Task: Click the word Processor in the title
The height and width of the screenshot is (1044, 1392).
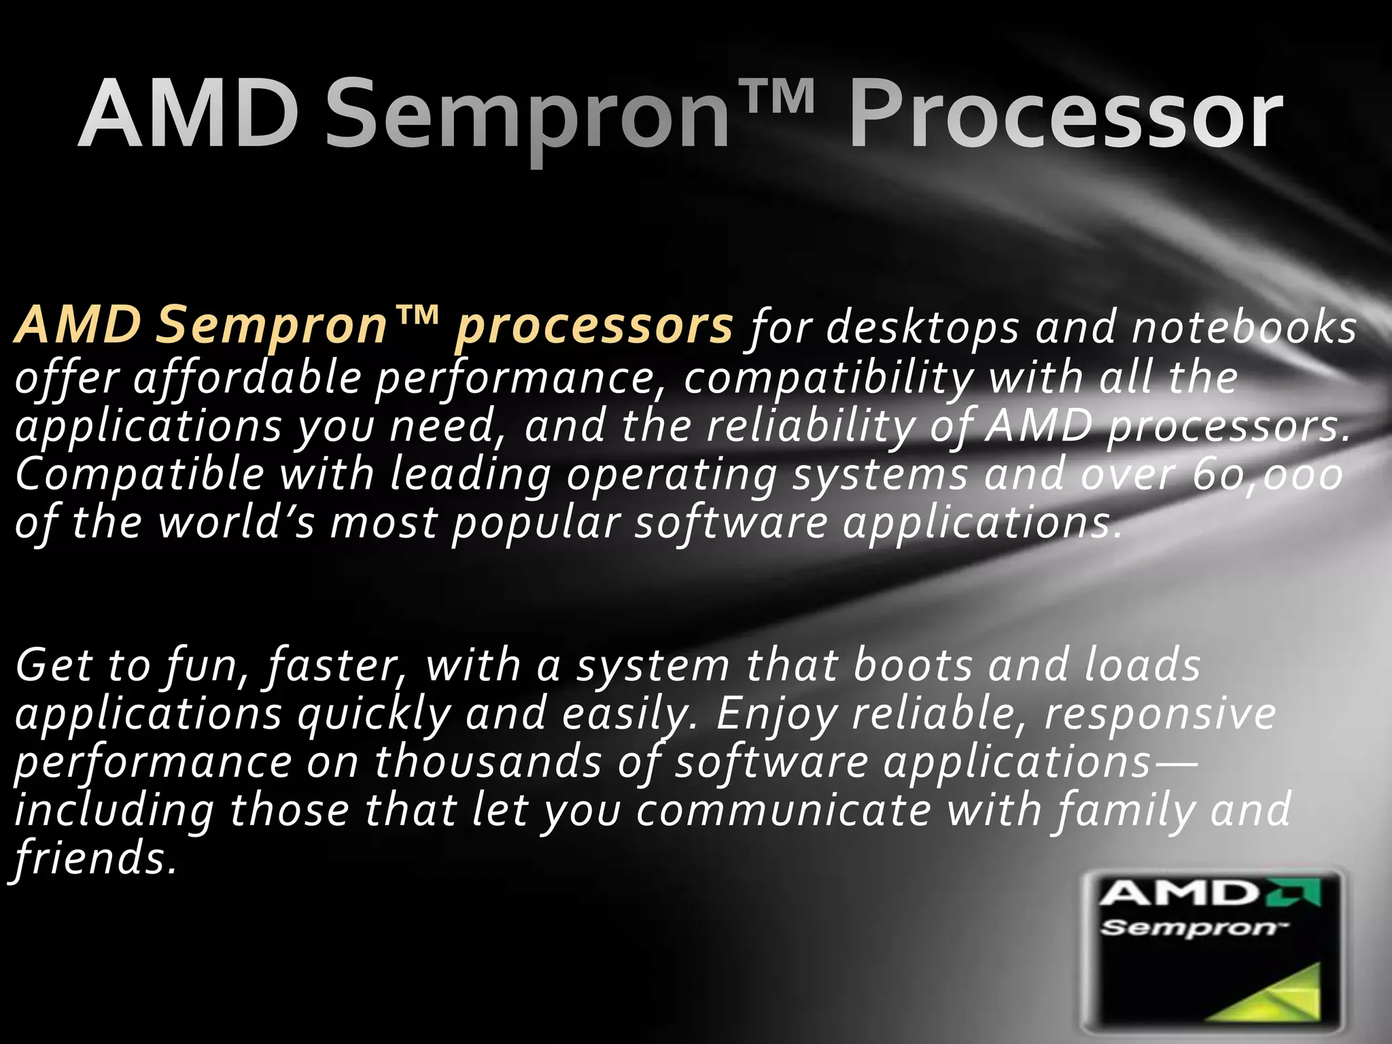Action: click(x=1065, y=114)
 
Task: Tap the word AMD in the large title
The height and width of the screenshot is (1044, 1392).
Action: click(x=189, y=114)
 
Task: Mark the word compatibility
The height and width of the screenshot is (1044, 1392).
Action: click(x=829, y=378)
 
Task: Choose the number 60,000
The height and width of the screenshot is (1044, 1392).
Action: click(x=1267, y=474)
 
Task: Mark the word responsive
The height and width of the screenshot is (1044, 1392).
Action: click(x=1160, y=714)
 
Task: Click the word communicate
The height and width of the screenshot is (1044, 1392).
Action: click(x=783, y=810)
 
